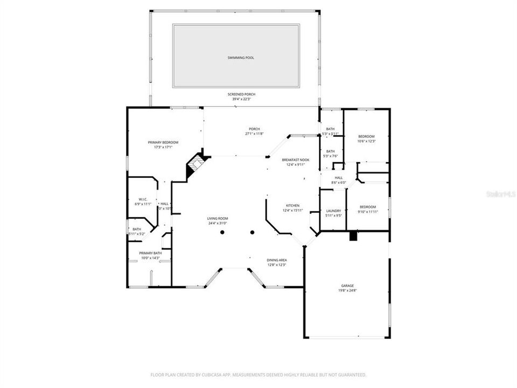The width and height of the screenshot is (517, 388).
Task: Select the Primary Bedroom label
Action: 163,142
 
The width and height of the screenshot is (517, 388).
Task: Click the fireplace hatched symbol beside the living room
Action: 195,164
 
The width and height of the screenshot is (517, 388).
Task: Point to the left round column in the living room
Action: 221,233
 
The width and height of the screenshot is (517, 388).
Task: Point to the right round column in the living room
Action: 252,233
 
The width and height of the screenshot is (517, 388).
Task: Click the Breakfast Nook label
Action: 296,160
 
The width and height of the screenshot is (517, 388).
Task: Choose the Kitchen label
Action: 292,206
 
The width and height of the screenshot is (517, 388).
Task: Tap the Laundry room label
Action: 333,211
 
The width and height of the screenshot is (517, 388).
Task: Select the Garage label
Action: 347,286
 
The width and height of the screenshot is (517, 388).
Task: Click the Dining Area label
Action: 276,260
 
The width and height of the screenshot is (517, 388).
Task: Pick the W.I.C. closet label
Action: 143,200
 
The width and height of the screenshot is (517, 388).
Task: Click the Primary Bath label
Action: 150,253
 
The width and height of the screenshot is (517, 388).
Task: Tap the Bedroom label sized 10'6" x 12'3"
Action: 366,136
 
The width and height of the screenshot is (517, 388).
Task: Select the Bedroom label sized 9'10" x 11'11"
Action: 367,207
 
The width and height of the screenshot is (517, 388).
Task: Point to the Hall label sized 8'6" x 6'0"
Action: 338,178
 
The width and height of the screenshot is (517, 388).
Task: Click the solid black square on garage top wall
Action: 353,235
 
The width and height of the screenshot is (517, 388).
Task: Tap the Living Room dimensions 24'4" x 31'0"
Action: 218,223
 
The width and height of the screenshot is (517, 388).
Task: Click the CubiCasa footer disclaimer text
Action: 258,375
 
